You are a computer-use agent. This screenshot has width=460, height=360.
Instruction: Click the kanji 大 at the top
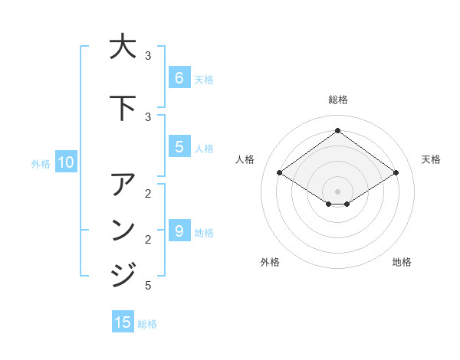(x=123, y=47)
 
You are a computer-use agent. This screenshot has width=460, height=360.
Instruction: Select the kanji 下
(x=123, y=108)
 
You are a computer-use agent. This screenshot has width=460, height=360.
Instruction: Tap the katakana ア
(x=123, y=185)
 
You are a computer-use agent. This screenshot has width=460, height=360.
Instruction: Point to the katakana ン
(x=123, y=230)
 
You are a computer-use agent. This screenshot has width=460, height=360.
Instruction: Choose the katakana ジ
(x=123, y=274)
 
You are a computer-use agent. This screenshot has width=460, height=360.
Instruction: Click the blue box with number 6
(x=179, y=77)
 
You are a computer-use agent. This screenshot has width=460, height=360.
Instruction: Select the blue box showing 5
(x=179, y=146)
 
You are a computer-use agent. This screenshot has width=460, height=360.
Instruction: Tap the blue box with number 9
(x=179, y=231)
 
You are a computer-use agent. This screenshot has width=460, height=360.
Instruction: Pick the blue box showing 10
(x=65, y=162)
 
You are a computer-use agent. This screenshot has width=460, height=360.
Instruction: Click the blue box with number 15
(x=123, y=322)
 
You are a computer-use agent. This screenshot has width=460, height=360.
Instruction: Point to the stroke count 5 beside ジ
(x=148, y=286)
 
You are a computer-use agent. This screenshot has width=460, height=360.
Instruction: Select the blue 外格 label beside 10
(x=40, y=163)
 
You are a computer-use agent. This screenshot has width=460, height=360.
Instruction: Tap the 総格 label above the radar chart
(x=337, y=100)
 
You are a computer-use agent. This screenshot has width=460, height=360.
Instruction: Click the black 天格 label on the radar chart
(x=431, y=159)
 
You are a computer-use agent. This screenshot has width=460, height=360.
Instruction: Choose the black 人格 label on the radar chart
(x=245, y=159)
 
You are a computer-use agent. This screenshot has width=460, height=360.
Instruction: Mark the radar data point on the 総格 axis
(x=337, y=130)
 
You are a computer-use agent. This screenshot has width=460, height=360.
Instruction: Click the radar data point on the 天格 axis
(x=396, y=173)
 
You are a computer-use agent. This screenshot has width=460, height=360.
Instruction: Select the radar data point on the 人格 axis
(x=279, y=173)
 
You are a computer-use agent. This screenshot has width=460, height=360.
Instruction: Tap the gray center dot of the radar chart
(x=337, y=191)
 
